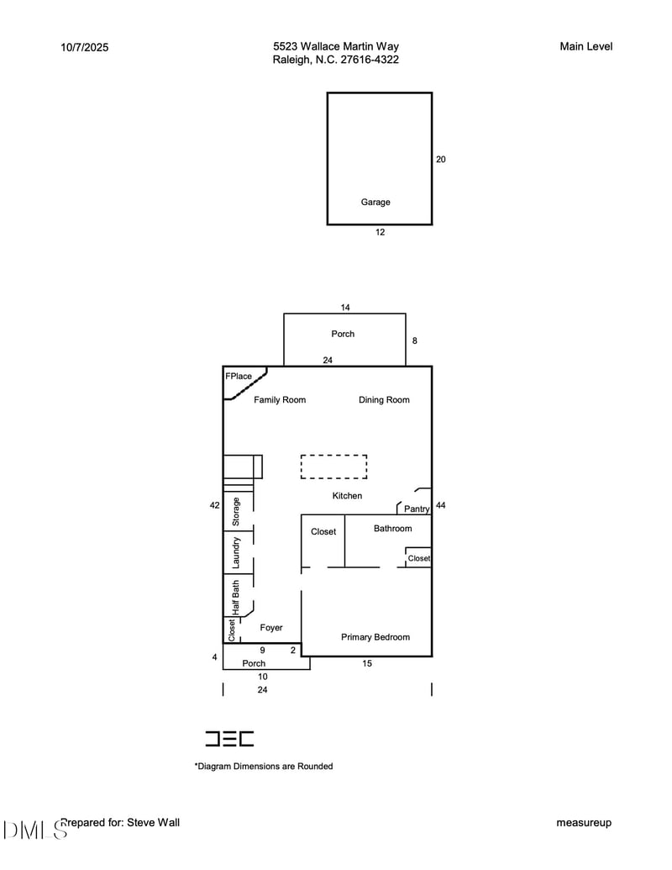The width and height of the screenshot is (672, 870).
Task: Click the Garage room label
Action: (375, 202)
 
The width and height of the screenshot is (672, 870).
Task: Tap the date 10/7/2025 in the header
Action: (85, 47)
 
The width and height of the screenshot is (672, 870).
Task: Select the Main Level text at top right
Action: (585, 46)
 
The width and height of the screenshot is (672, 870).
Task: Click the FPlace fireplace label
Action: (239, 377)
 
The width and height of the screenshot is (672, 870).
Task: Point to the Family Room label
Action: (280, 400)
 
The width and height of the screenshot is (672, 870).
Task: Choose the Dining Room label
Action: (384, 400)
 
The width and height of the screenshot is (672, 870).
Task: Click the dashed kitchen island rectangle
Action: (333, 467)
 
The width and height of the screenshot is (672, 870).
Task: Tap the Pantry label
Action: (417, 509)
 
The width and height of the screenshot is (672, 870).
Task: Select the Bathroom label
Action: (392, 529)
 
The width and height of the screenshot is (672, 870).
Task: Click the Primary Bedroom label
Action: (375, 637)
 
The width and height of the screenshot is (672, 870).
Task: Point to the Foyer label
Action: (271, 628)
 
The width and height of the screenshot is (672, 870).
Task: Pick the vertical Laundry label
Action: (237, 553)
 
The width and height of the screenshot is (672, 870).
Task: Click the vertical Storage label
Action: (237, 512)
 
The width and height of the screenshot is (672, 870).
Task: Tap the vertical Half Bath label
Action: (237, 598)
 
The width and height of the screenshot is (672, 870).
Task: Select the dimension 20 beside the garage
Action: (441, 159)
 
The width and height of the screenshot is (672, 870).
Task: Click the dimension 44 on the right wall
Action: (441, 505)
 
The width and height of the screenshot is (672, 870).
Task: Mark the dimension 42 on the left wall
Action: (215, 505)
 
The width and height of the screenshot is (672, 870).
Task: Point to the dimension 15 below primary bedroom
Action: (367, 663)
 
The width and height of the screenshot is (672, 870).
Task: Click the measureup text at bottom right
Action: (584, 823)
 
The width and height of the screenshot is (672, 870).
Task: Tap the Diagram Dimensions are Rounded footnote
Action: (264, 767)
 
